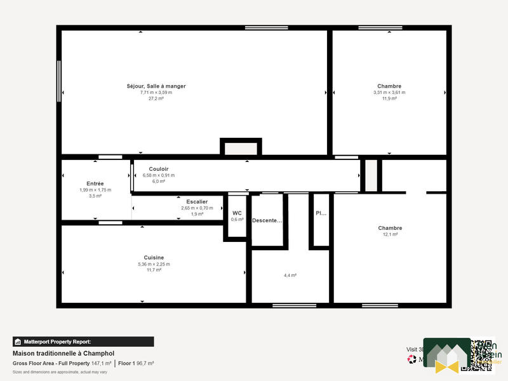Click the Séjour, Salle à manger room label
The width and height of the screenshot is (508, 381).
(156, 86)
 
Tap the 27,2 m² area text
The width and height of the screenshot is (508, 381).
(156, 98)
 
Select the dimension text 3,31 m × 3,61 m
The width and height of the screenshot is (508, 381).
(389, 93)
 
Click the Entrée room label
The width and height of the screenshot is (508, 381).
(95, 184)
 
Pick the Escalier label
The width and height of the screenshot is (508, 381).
(197, 201)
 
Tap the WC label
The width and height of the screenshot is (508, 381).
(237, 213)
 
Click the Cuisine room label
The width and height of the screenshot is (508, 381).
(154, 257)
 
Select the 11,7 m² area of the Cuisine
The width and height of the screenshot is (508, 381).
(154, 270)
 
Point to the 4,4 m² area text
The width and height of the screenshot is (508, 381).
(290, 276)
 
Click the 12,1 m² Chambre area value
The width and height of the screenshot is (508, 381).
(390, 234)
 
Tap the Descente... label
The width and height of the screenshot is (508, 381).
(267, 220)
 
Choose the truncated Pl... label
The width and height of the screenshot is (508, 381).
(321, 213)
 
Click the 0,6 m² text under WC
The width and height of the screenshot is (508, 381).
(237, 220)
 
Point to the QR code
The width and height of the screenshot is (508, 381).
(481, 354)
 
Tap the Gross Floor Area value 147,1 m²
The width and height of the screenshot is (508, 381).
(102, 363)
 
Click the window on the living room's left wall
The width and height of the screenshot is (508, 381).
(59, 80)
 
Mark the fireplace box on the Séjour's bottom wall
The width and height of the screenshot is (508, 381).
(241, 148)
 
